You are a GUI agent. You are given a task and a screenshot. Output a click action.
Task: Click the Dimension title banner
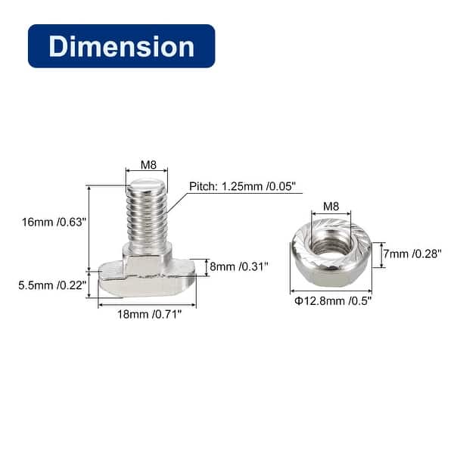point(121,46)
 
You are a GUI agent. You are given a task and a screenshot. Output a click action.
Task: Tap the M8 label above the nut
point(331,207)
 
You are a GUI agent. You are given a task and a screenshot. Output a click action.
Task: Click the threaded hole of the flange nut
point(330,244)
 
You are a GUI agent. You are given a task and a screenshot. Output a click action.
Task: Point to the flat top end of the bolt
point(146,184)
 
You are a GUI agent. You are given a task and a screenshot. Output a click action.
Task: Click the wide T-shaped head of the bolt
point(147,281)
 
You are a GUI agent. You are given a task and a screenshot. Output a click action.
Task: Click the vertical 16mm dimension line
point(89,227)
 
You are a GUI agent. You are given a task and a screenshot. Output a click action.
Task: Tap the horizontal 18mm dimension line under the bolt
point(147,305)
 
